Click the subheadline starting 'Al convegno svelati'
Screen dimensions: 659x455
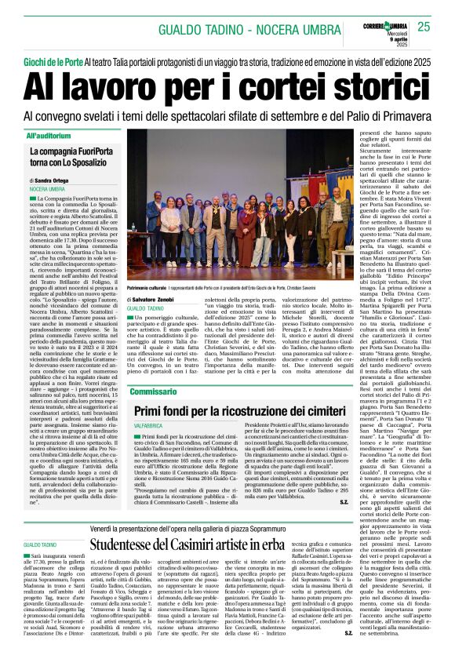click(x=227, y=117)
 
